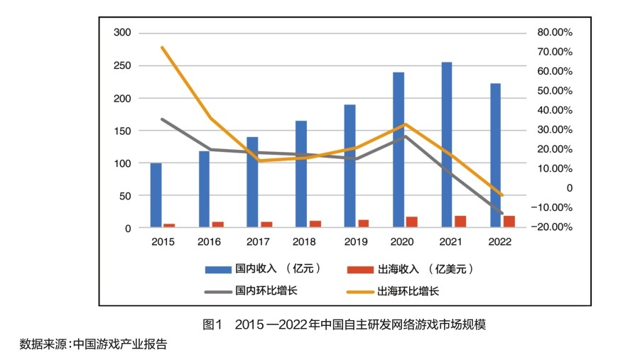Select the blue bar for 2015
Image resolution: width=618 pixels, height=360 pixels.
156,195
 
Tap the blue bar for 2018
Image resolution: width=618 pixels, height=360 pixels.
301,174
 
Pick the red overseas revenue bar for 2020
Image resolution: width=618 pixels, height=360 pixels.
412,222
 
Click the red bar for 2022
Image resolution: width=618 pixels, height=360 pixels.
509,222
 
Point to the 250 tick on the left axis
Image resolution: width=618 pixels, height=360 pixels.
123,65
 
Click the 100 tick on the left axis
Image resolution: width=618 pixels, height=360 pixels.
123,163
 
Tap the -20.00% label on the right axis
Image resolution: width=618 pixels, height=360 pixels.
554,227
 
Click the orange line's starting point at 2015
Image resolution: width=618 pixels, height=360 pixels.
163,48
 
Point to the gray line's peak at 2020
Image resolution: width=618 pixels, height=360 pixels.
405,136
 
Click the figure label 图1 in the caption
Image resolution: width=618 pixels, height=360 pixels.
212,324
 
